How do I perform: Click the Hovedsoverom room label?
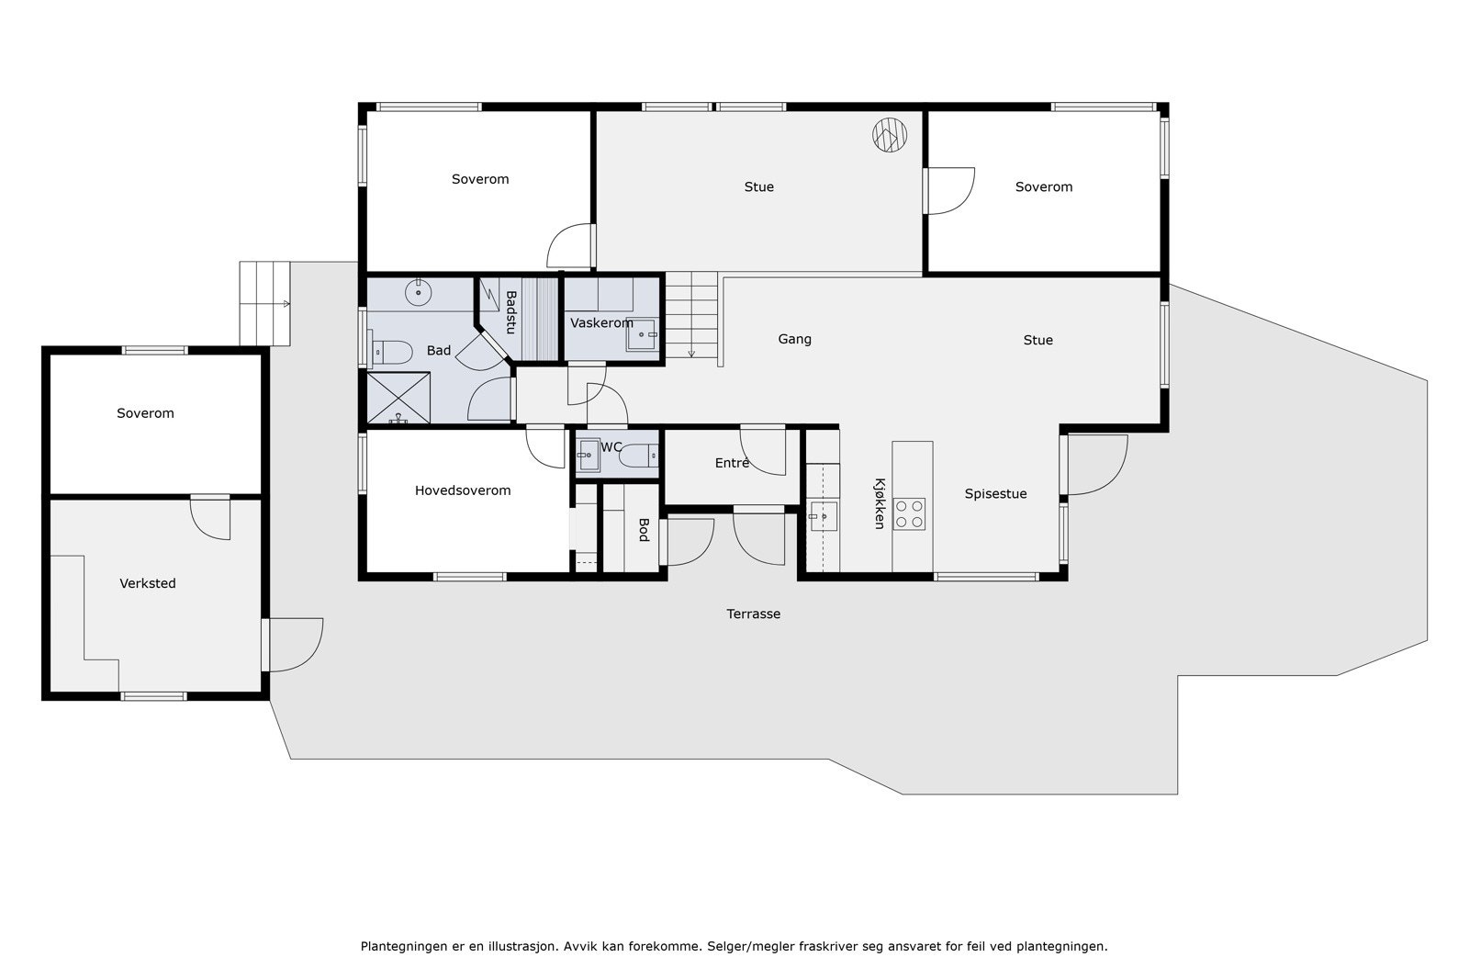click(x=463, y=490)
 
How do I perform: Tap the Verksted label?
click(x=148, y=583)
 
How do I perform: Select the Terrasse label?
click(x=753, y=614)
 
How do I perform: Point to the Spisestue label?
click(x=995, y=494)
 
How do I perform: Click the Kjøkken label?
click(x=880, y=503)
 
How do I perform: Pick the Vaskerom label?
click(x=601, y=322)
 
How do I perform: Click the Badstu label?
click(x=510, y=312)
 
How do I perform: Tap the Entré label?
click(x=732, y=463)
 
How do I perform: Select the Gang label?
click(x=794, y=339)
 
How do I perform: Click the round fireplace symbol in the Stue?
click(x=890, y=135)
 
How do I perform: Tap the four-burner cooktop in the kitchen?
click(x=909, y=514)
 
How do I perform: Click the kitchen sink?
click(x=823, y=516)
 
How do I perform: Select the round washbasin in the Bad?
click(x=418, y=293)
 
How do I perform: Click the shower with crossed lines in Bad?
click(x=398, y=398)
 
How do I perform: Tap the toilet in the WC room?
click(x=638, y=456)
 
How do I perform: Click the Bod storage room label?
click(x=644, y=530)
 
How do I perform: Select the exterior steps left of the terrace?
click(x=264, y=304)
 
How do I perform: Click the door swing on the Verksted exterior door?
click(x=296, y=645)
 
